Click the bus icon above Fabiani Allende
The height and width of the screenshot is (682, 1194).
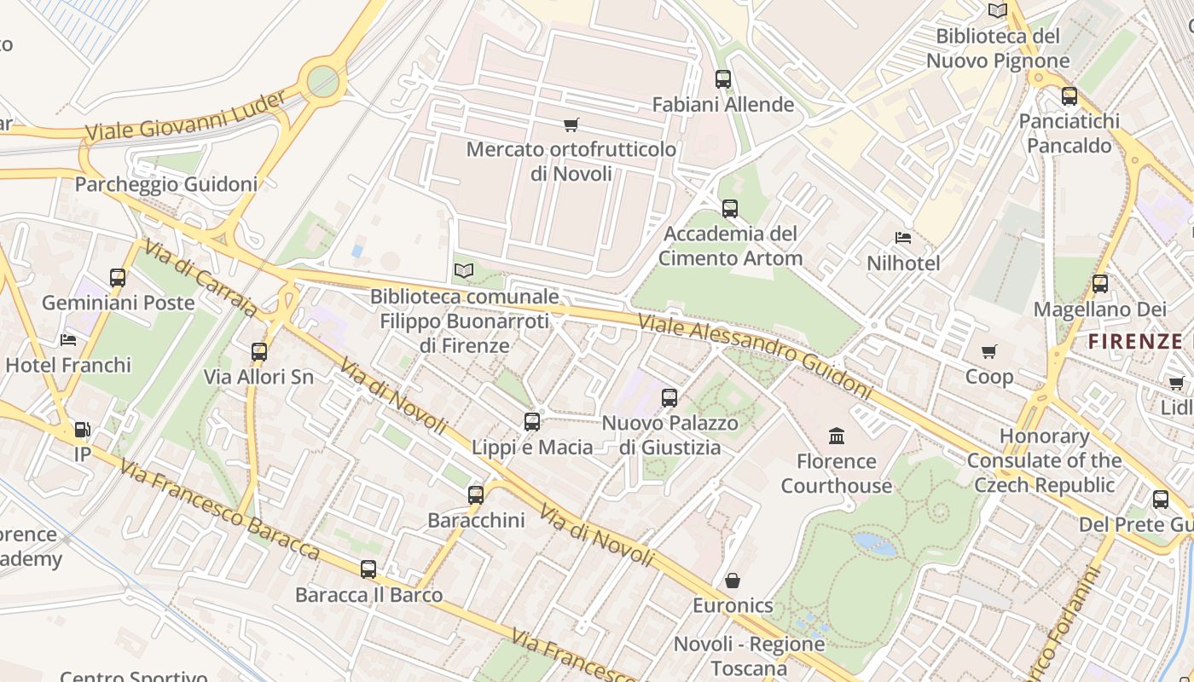pos(723,79)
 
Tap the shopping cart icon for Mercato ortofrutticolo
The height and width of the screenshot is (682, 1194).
pos(571,124)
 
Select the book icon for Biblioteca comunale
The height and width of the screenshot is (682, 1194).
pos(463,270)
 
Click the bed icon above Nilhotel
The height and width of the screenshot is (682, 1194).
pos(903,237)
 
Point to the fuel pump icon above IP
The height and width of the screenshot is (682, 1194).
pos(82,430)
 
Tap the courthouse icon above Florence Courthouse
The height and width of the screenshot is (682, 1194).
pos(837,436)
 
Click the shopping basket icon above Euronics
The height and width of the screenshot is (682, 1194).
pos(733,581)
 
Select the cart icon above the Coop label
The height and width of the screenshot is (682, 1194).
pos(989,351)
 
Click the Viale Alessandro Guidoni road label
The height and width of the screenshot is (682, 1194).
pos(756,356)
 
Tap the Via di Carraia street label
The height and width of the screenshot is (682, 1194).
pos(200,278)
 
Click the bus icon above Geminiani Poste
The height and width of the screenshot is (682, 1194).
pos(118,277)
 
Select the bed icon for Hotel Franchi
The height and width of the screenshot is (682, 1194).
pos(68,340)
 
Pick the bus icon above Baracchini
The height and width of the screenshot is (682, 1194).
pos(476,494)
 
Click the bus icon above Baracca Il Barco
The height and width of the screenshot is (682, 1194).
pos(368,569)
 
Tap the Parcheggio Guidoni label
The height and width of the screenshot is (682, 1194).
pos(166,184)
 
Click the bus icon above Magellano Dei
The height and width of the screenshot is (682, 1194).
pos(1100,284)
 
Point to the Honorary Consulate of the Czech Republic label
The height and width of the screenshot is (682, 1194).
pos(1044,460)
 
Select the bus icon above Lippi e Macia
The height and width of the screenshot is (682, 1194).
pos(532,421)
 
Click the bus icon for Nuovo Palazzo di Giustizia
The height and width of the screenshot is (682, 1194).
pos(669,397)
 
